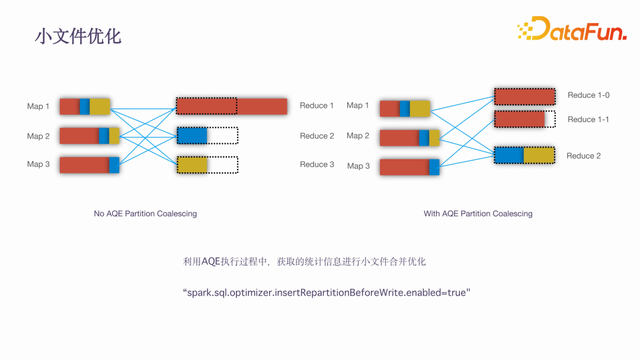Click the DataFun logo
point(572,29)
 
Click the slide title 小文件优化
point(78,36)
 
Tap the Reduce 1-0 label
point(588,95)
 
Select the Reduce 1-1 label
point(588,119)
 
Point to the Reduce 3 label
point(317,164)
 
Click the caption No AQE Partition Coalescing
point(145,213)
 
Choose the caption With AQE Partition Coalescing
point(478,213)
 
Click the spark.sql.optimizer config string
point(327,293)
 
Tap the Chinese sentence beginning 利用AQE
point(304,261)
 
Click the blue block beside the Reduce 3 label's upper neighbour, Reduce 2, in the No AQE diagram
point(192,136)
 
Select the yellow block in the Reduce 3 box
point(192,165)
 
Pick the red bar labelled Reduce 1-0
point(524,97)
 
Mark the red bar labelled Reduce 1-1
point(520,119)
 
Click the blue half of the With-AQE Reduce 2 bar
point(509,156)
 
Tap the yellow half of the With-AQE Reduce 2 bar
point(539,156)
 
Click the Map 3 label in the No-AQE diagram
point(38,164)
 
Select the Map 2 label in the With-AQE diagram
point(358,136)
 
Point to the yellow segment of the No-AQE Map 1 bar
point(100,107)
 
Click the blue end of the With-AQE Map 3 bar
point(434,167)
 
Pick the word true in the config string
point(456,293)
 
